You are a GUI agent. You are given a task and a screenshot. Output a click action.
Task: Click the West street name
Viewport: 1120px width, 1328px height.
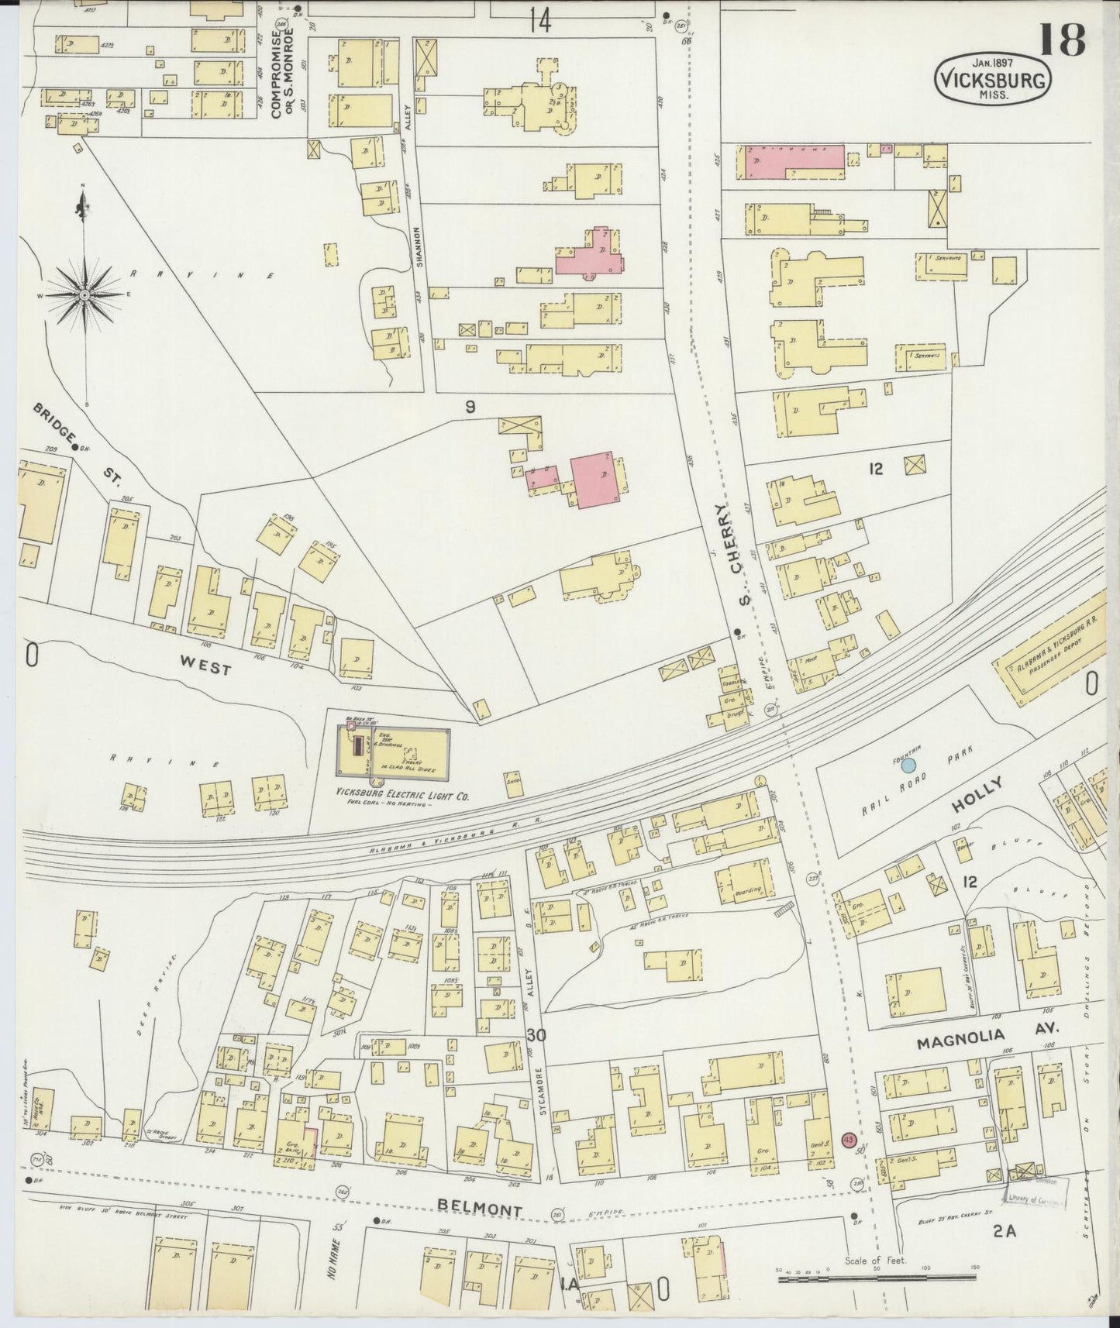coord(205,665)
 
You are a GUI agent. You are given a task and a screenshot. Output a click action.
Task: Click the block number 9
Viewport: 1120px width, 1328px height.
coord(470,407)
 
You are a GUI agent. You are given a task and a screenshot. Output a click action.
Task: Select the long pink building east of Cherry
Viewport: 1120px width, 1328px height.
coord(794,159)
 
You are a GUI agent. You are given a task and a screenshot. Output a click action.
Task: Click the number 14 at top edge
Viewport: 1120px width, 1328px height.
coord(539,22)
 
